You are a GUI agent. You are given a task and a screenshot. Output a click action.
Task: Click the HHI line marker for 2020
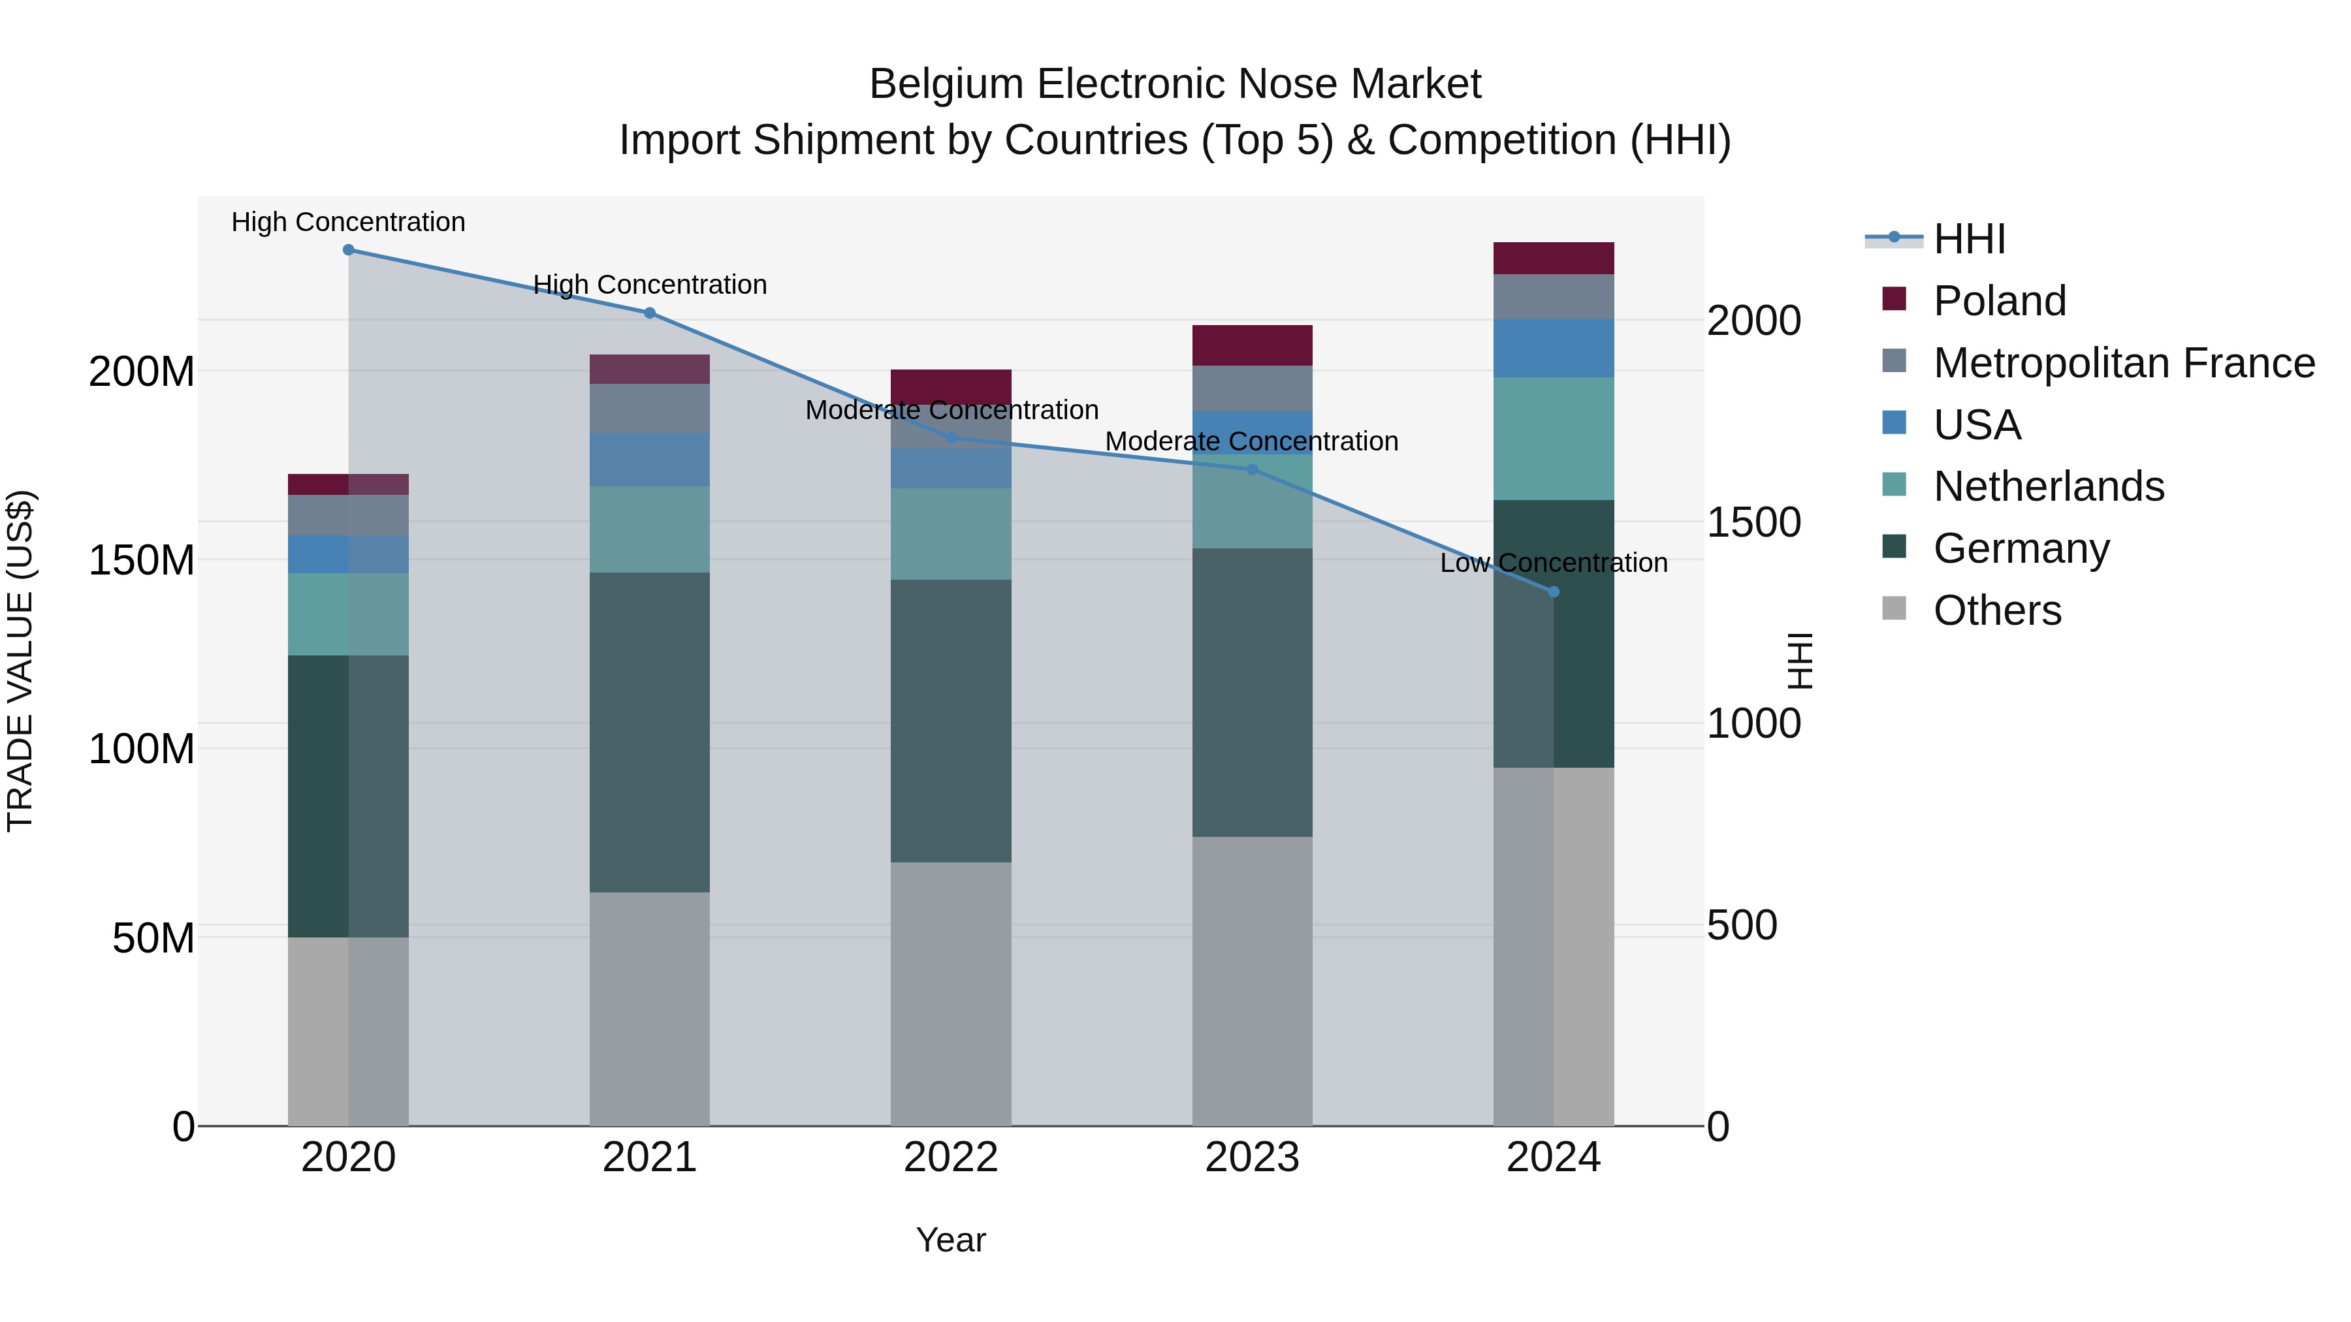click(x=347, y=250)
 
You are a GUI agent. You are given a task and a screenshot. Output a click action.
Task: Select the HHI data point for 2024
click(x=1554, y=592)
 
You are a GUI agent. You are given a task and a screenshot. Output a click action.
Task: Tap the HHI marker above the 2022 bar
click(x=951, y=439)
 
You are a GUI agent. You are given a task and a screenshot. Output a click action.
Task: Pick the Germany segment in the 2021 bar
click(x=649, y=732)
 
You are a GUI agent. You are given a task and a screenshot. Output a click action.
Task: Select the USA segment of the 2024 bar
click(x=1554, y=349)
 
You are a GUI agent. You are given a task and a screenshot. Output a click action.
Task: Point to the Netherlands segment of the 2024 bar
click(x=1554, y=439)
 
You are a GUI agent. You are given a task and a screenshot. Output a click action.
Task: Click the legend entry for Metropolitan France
click(x=2123, y=363)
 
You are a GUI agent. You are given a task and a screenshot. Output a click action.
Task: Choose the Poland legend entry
click(x=1999, y=301)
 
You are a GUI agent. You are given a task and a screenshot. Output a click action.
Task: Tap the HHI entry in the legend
click(x=1968, y=239)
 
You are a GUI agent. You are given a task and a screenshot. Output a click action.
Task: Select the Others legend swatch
click(x=1895, y=608)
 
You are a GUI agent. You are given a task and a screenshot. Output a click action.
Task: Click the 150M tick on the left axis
click(x=142, y=560)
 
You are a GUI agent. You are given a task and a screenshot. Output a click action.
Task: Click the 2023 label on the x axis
click(x=1251, y=1157)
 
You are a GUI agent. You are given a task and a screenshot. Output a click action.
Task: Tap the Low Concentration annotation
click(x=1554, y=563)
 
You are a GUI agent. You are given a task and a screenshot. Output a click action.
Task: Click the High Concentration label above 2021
click(x=649, y=285)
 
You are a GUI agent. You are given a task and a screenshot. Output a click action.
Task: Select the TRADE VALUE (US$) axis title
click(x=20, y=661)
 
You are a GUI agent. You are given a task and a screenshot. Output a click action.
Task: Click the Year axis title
click(x=950, y=1240)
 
